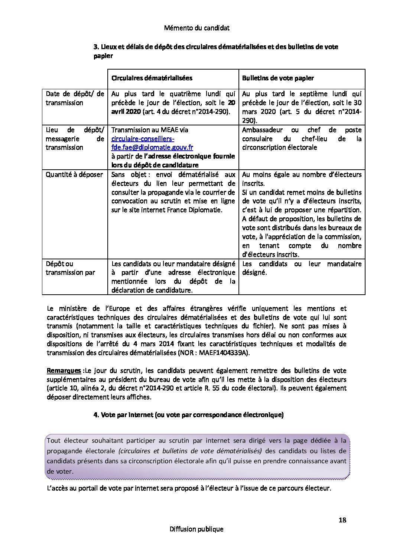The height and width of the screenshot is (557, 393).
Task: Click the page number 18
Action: point(342,520)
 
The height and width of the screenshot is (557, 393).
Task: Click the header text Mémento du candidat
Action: point(196,28)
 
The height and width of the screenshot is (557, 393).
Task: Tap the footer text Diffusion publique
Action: point(196,529)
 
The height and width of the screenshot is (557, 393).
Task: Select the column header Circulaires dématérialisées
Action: point(152,78)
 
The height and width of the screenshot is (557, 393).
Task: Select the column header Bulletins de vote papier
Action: point(278,78)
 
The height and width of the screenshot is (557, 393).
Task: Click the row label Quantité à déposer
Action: point(74,175)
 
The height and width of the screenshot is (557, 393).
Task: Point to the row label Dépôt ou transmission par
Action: point(70,268)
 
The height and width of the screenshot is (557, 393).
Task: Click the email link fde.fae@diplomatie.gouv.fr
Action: point(152,147)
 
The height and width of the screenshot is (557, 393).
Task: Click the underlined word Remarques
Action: point(64,371)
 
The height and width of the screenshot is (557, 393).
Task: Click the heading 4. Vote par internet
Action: point(188,415)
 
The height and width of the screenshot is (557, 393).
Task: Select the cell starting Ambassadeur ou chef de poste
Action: point(302,139)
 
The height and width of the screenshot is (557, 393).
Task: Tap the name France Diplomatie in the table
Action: point(197,210)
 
